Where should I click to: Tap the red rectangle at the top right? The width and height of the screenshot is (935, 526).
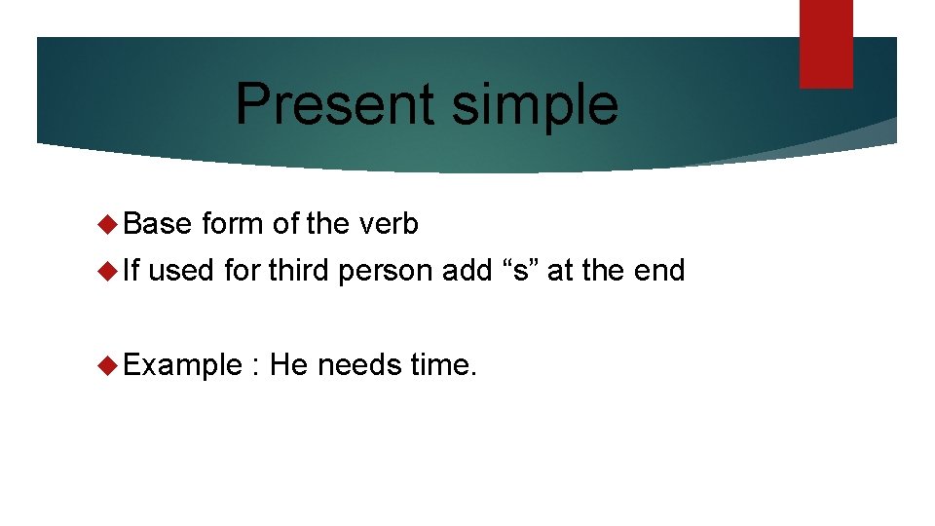coord(826,44)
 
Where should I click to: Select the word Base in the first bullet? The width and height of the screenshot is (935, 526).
coord(158,224)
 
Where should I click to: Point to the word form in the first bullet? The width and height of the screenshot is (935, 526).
coord(233,224)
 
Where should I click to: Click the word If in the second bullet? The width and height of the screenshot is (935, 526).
coord(133,270)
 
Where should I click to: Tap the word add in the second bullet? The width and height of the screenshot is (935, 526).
coord(467,270)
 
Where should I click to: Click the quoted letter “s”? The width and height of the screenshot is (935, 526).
coord(520,270)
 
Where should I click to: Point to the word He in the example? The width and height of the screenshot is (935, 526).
coord(289,365)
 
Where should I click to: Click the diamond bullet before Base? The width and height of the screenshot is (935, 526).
coord(109,225)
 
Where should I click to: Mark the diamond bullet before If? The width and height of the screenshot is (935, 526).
coord(109,271)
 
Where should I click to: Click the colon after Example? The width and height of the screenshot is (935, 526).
coord(255,368)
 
